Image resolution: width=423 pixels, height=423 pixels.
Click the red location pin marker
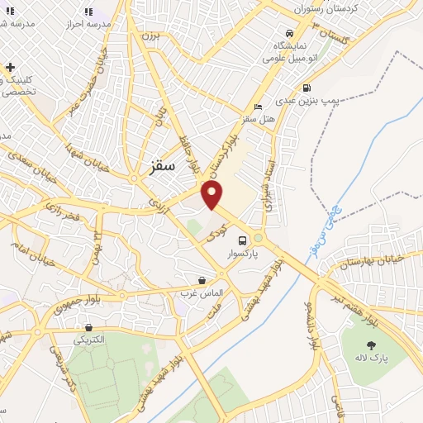coord(213,193)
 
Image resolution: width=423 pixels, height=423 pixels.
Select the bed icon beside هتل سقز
coord(259,107)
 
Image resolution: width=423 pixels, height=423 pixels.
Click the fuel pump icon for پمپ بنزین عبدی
coord(307,88)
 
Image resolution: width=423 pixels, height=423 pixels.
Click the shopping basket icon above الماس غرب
coord(202,281)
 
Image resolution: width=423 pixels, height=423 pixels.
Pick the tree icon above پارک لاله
coord(371,344)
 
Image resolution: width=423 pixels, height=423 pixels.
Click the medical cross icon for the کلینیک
coord(9,67)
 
